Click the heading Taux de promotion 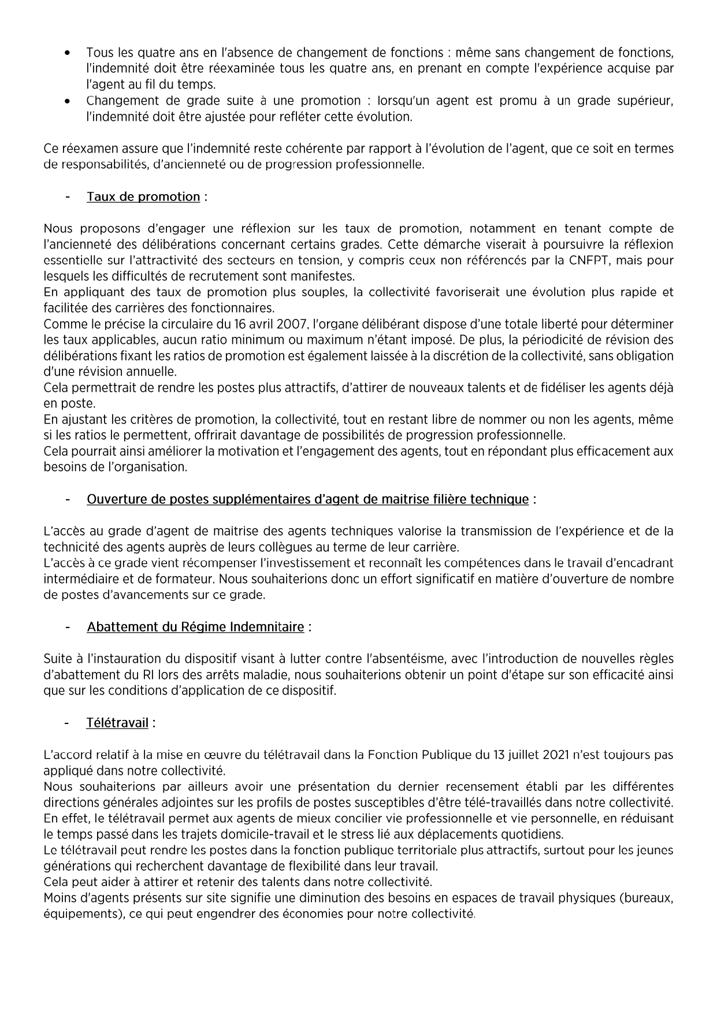pos(143,197)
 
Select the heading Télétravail pos(117,723)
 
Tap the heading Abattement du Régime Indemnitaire pos(195,627)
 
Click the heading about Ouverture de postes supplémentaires pos(307,499)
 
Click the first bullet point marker pos(68,53)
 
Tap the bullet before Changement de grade pos(68,101)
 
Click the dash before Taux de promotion pos(68,197)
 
